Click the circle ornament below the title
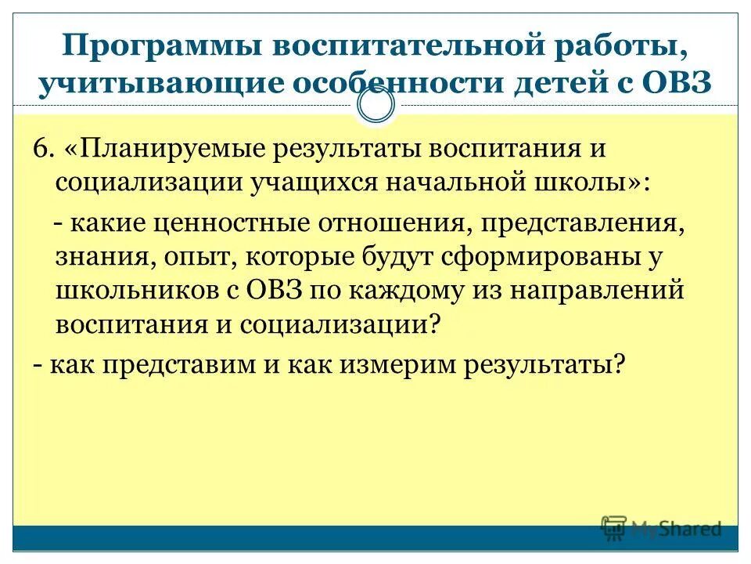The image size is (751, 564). pyautogui.click(x=375, y=105)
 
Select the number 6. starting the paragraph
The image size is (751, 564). pyautogui.click(x=43, y=148)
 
